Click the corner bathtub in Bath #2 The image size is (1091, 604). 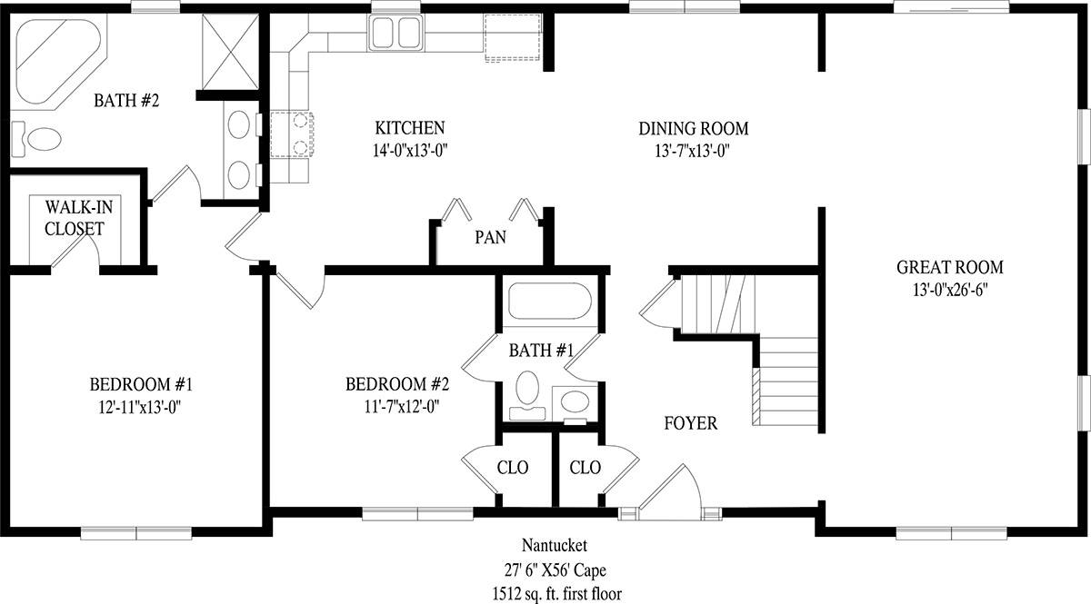[x=58, y=62]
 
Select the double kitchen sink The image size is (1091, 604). [x=396, y=32]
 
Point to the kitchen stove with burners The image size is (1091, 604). [x=291, y=134]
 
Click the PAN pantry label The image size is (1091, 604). [x=490, y=237]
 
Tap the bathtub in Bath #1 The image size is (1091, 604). [x=550, y=301]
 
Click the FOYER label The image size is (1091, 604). [x=691, y=423]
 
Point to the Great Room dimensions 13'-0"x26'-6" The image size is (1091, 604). [x=950, y=291]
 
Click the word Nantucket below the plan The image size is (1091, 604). [x=555, y=545]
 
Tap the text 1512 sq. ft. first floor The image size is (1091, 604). [x=556, y=594]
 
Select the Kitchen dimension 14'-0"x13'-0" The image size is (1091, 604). [x=410, y=152]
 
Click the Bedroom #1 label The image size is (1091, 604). [x=141, y=384]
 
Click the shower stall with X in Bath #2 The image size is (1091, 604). [x=230, y=52]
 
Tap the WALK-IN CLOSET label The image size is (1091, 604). [x=77, y=218]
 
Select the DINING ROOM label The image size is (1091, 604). [x=694, y=128]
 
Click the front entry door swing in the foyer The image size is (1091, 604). [x=670, y=487]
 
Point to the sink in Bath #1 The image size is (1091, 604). [x=575, y=402]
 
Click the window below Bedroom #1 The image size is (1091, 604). [x=135, y=533]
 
